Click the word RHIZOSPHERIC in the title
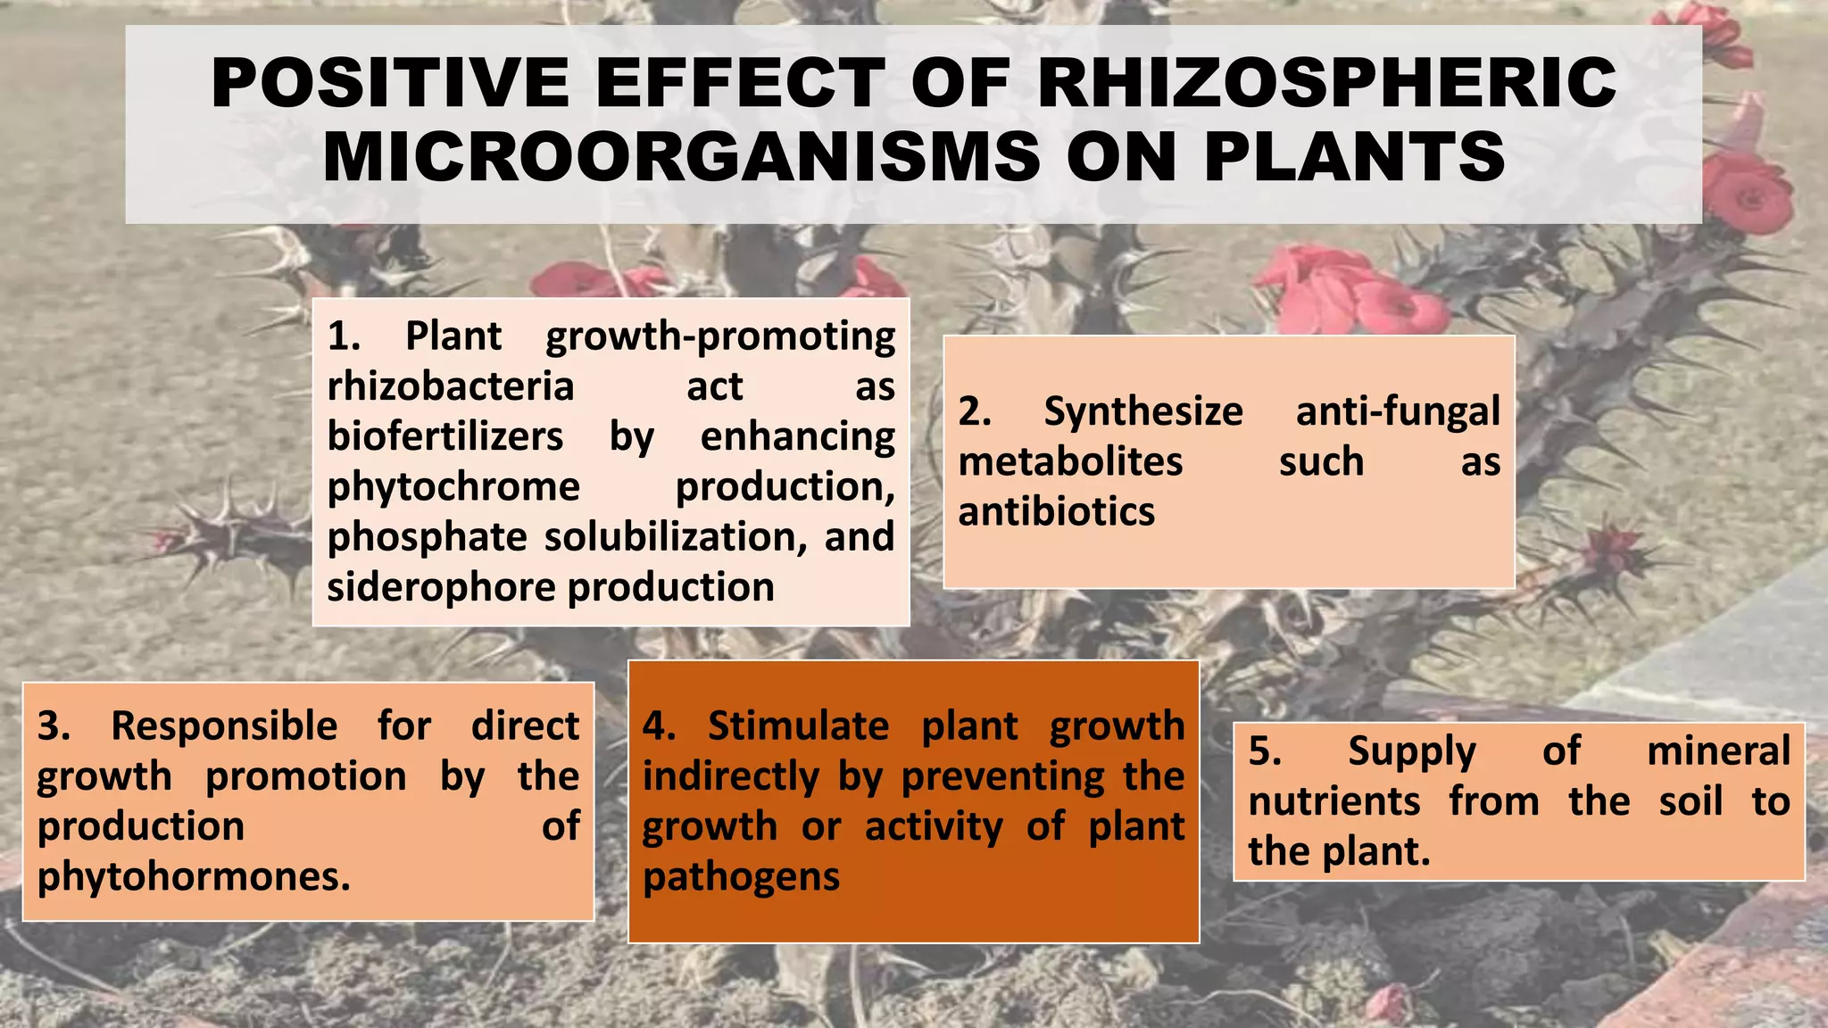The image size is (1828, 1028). [x=1326, y=83]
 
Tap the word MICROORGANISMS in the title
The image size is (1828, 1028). [x=681, y=157]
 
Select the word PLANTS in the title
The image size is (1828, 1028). [x=1355, y=157]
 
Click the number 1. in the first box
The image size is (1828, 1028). [x=344, y=336]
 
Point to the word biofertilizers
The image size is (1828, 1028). [x=445, y=437]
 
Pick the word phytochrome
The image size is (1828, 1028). [x=453, y=487]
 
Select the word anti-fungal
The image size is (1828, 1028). [x=1398, y=412]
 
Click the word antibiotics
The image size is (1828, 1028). [x=1056, y=512]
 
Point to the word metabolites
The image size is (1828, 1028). [x=1070, y=462]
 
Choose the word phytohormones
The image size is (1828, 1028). [x=194, y=877]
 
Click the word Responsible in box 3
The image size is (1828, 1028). [x=224, y=726]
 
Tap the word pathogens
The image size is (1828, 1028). [x=741, y=877]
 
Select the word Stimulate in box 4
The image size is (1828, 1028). [x=798, y=726]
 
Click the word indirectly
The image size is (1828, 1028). [x=730, y=777]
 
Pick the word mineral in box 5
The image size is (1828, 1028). [x=1718, y=751]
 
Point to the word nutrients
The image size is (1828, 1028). [x=1334, y=801]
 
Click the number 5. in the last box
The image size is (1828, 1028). [x=1265, y=751]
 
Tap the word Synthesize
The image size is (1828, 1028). [x=1143, y=412]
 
